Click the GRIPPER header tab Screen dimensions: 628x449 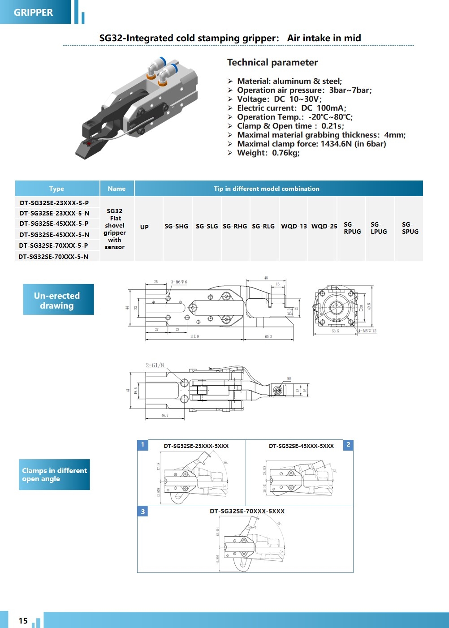coord(33,13)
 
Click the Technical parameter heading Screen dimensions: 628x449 coord(272,62)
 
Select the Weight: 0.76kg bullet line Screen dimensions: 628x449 coord(268,153)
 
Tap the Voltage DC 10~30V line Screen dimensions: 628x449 coord(279,99)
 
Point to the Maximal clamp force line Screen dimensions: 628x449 coord(311,144)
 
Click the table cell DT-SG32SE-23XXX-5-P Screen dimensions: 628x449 coord(54,203)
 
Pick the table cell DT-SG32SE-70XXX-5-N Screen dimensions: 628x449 coord(53,257)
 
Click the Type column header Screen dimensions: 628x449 coord(56,189)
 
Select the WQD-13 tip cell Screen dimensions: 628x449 coord(294,226)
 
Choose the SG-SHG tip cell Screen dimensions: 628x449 coord(176,226)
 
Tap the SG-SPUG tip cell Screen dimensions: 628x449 coord(410,228)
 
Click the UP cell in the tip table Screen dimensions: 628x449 coord(144,227)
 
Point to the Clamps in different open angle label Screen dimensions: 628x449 coord(54,474)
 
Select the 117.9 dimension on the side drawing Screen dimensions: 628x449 coord(194,336)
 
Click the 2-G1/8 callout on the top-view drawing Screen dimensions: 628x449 coord(155,365)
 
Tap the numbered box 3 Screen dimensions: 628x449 coord(143,512)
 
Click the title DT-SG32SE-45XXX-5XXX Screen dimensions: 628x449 coord(301,446)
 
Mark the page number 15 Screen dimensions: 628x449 coord(23,621)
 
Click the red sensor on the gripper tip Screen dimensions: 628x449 coord(89,143)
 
